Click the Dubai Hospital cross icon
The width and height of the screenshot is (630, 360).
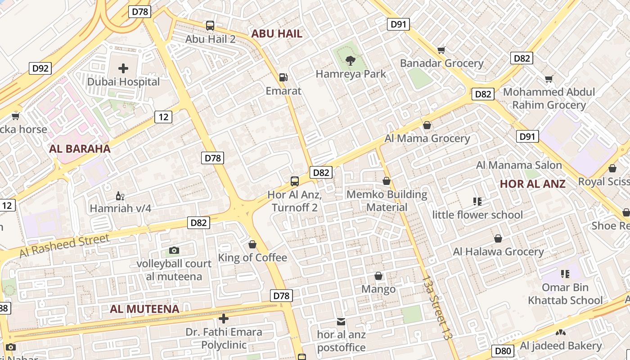[x=123, y=68]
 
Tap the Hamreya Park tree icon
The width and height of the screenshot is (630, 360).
[x=350, y=60]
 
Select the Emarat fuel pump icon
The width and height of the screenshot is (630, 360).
[x=283, y=77]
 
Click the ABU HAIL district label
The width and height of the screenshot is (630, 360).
[x=277, y=33]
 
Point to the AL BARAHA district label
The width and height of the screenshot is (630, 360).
[x=80, y=149]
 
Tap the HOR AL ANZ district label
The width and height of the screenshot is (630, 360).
[x=532, y=184]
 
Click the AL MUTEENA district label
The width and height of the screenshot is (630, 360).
[x=144, y=309]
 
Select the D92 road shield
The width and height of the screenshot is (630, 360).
[x=40, y=68]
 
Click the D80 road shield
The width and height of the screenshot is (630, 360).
[x=503, y=351]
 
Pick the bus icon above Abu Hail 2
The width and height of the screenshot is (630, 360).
[x=210, y=26]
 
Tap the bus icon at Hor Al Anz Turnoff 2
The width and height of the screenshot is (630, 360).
[x=295, y=181]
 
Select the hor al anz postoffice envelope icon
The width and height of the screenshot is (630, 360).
[x=341, y=322]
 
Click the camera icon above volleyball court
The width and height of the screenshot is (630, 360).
[x=174, y=251]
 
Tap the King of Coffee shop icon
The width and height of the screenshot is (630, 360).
[x=252, y=244]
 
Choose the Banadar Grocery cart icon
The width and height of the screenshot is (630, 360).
[x=441, y=50]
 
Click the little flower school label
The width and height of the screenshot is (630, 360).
[x=477, y=215]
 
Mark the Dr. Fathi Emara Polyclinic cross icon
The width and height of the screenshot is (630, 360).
[x=224, y=319]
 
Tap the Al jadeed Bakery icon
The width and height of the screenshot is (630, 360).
[x=560, y=333]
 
